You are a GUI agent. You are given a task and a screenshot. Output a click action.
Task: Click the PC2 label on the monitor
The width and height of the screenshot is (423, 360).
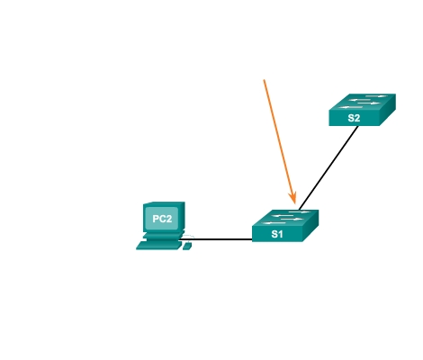tap(162, 219)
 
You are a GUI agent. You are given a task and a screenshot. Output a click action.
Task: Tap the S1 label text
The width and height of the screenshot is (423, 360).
tap(277, 234)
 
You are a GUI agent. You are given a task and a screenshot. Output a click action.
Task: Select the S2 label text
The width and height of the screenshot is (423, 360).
tap(354, 118)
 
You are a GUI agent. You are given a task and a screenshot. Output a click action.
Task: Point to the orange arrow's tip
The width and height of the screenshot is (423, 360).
tap(295, 204)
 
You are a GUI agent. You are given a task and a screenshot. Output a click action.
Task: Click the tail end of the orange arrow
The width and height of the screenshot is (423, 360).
tap(264, 80)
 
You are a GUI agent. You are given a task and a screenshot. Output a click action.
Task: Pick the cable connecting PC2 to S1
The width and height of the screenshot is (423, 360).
tap(216, 239)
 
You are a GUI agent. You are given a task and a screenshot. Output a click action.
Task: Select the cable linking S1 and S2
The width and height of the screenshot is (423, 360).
tap(328, 167)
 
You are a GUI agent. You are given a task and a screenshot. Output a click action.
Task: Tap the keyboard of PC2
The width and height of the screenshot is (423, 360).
tap(159, 246)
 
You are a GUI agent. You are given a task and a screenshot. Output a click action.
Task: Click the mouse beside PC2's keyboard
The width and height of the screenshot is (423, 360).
tap(187, 247)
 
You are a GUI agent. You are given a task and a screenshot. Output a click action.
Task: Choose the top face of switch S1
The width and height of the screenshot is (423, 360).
tap(285, 218)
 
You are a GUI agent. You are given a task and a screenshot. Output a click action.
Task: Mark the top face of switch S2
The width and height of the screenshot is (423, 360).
tap(363, 102)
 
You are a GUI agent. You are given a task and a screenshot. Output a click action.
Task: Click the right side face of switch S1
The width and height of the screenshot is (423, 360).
tap(310, 226)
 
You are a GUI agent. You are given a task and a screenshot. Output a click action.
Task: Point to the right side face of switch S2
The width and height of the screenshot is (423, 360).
tap(388, 110)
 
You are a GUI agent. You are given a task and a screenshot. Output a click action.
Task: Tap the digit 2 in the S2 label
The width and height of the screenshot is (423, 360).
tap(356, 118)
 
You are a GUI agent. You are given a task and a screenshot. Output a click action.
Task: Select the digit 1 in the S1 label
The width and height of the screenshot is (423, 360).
tap(280, 234)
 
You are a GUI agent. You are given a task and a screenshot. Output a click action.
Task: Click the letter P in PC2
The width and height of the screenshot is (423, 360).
tap(156, 219)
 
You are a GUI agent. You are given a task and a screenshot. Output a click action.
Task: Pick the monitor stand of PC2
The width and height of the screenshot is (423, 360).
tap(164, 236)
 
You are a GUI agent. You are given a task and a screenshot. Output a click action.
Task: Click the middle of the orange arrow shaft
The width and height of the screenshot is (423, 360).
tap(280, 142)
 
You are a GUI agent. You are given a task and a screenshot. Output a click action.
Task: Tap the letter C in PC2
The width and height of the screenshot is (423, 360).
tap(162, 219)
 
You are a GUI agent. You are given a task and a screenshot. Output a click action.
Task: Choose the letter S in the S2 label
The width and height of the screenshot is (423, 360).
tap(351, 118)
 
